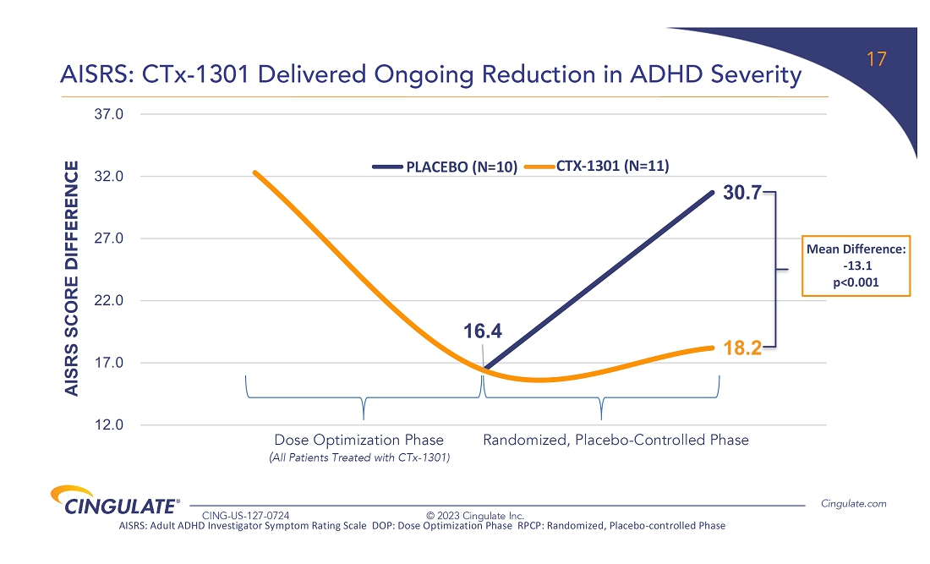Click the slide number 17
[x=877, y=60]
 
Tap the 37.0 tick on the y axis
[x=109, y=113]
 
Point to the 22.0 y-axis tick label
[x=109, y=301]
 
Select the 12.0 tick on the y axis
[x=109, y=425]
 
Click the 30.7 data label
[x=741, y=193]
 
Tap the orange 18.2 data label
[x=742, y=348]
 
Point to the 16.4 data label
[x=483, y=331]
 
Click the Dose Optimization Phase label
[x=358, y=441]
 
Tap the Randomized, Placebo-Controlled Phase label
[x=615, y=441]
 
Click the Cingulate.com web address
[x=854, y=504]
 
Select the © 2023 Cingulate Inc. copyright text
[x=474, y=515]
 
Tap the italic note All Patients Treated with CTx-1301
[x=358, y=458]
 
